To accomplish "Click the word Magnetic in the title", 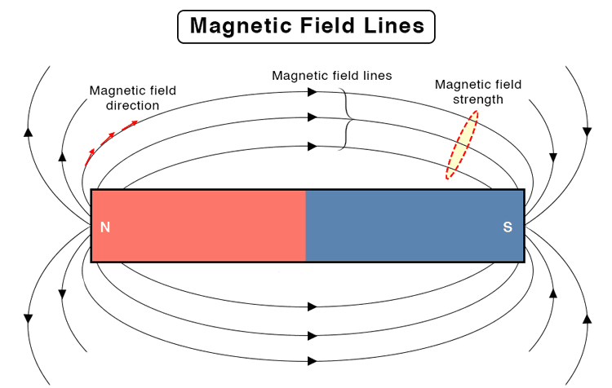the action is coord(242,26).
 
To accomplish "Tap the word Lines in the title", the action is coord(394,25).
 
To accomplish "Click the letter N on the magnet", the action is coord(105,227).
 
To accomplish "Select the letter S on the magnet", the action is coord(508,227).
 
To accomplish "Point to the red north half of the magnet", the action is coord(198,226).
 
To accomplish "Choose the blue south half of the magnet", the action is coord(415,226).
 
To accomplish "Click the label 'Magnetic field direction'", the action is coord(133,98).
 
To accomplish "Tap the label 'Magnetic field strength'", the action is coord(478,92).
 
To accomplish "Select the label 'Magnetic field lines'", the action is coord(332,75).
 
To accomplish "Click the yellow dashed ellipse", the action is coord(462,145).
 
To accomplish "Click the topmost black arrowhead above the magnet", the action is coord(313,92).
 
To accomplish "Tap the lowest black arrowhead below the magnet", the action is coord(313,361).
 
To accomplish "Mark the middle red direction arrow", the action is coord(108,139).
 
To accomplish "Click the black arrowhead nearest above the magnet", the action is coord(313,146).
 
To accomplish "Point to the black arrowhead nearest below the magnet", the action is coord(313,306).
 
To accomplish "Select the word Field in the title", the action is coord(328,25).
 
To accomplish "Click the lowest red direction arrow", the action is coord(90,157).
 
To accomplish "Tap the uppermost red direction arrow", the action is coord(130,126).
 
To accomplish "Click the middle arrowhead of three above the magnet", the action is coord(313,117).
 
